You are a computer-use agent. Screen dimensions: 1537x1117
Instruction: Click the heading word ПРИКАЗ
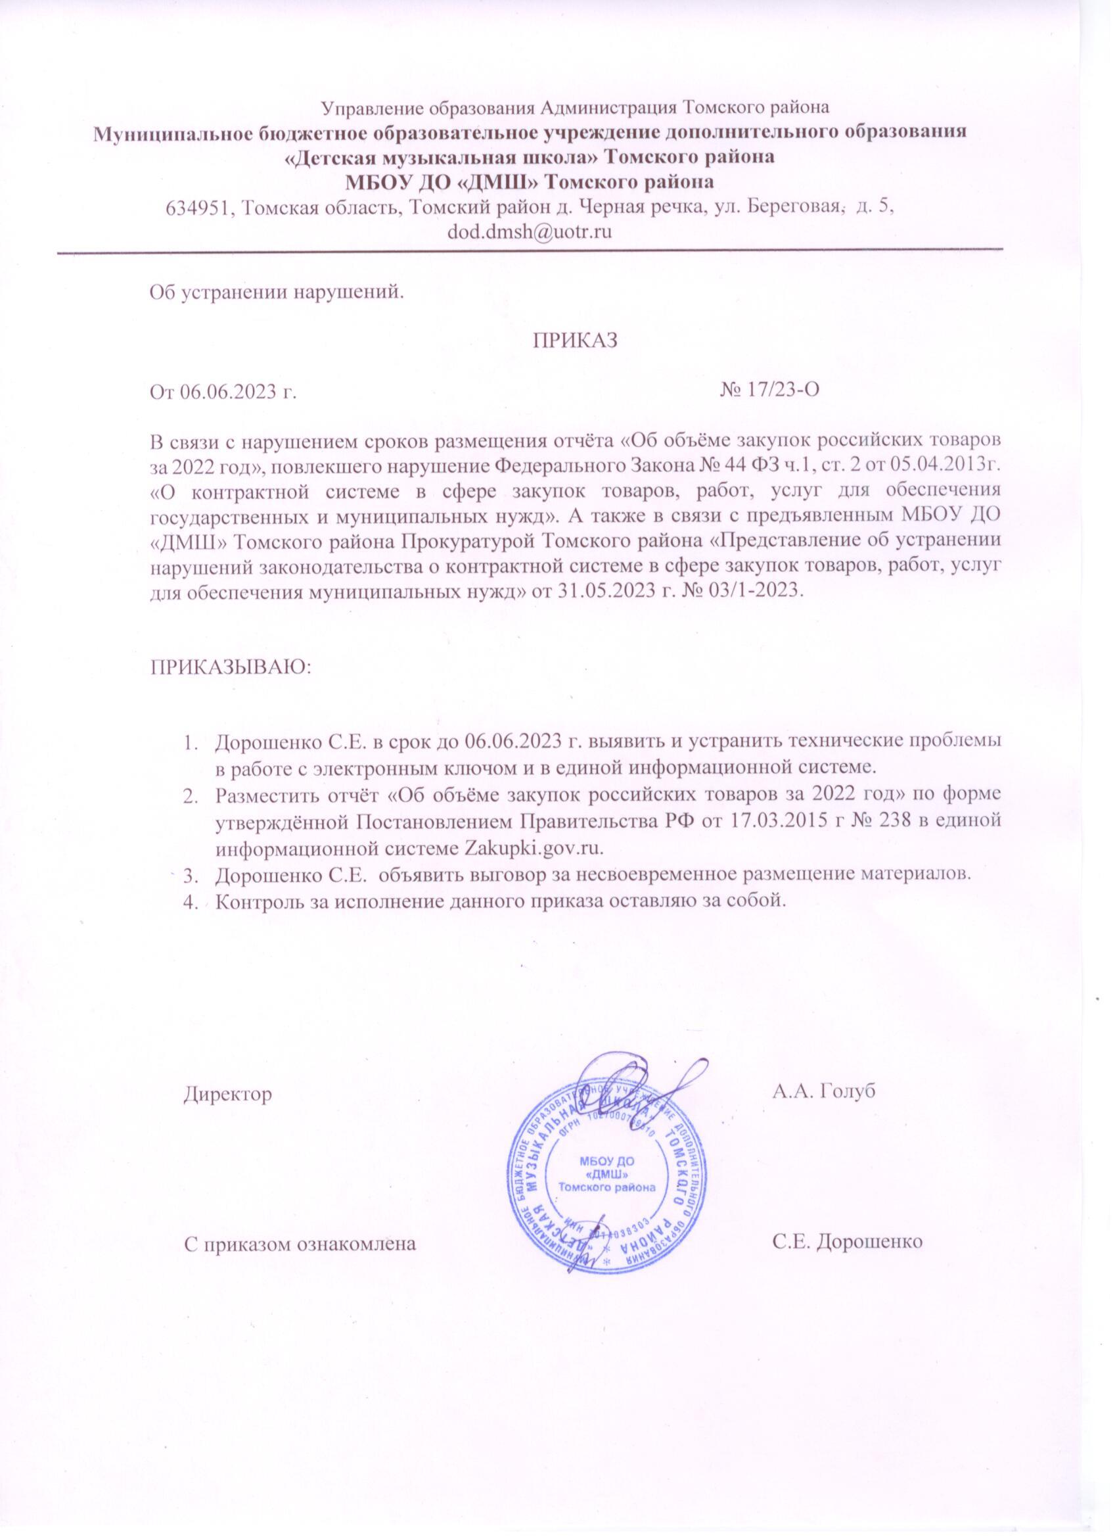[x=577, y=340]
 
